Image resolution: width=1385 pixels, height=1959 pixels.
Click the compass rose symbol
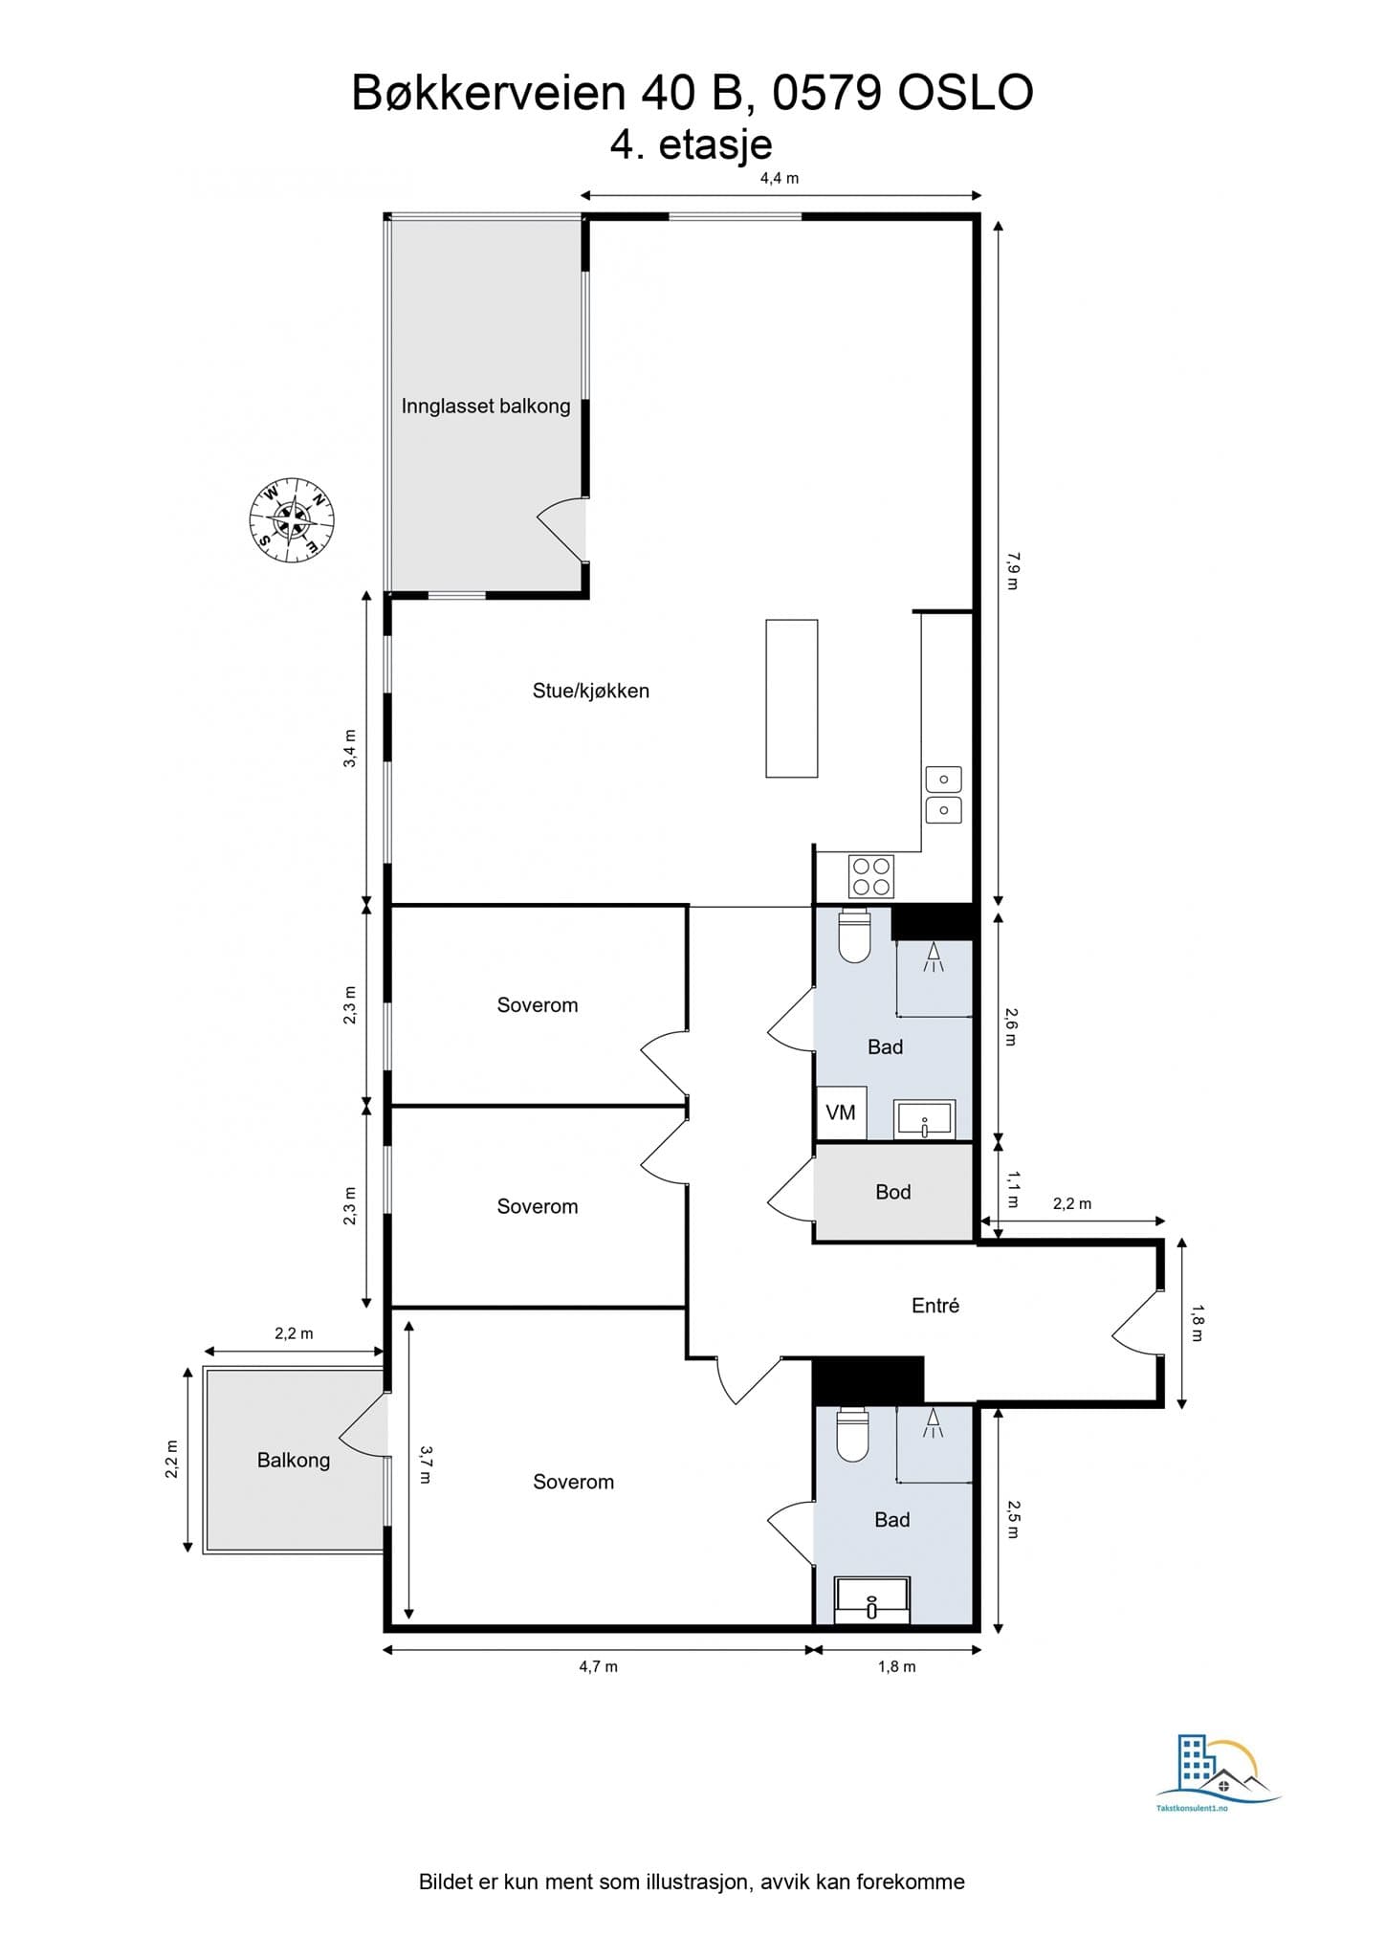pos(292,520)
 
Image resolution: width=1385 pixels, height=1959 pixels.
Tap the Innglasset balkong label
pos(485,406)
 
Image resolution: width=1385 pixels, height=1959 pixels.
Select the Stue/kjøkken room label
pos(590,691)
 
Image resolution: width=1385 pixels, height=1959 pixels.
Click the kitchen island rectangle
pos(791,698)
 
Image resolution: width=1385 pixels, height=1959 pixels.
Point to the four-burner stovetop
pos(871,876)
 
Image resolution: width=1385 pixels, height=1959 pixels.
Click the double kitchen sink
pos(943,795)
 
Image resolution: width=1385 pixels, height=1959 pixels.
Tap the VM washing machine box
pos(841,1112)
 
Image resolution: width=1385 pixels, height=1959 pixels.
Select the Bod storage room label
pos(892,1192)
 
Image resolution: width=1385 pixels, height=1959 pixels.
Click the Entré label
pos(934,1306)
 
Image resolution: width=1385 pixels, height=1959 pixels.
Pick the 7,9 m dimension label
pos(1013,570)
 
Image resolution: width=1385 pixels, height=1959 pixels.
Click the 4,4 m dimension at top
pos(780,178)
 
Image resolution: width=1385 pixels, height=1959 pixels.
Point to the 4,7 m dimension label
pos(598,1666)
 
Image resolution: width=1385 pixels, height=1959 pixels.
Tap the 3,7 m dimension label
pos(427,1464)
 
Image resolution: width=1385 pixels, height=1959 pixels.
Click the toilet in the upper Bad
pos(854,936)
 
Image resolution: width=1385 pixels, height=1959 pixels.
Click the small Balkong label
pos(293,1460)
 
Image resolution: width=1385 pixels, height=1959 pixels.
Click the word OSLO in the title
pos(966,94)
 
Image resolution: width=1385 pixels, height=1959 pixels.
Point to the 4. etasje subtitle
pos(691,145)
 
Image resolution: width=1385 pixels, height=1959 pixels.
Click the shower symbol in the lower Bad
pos(933,1425)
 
